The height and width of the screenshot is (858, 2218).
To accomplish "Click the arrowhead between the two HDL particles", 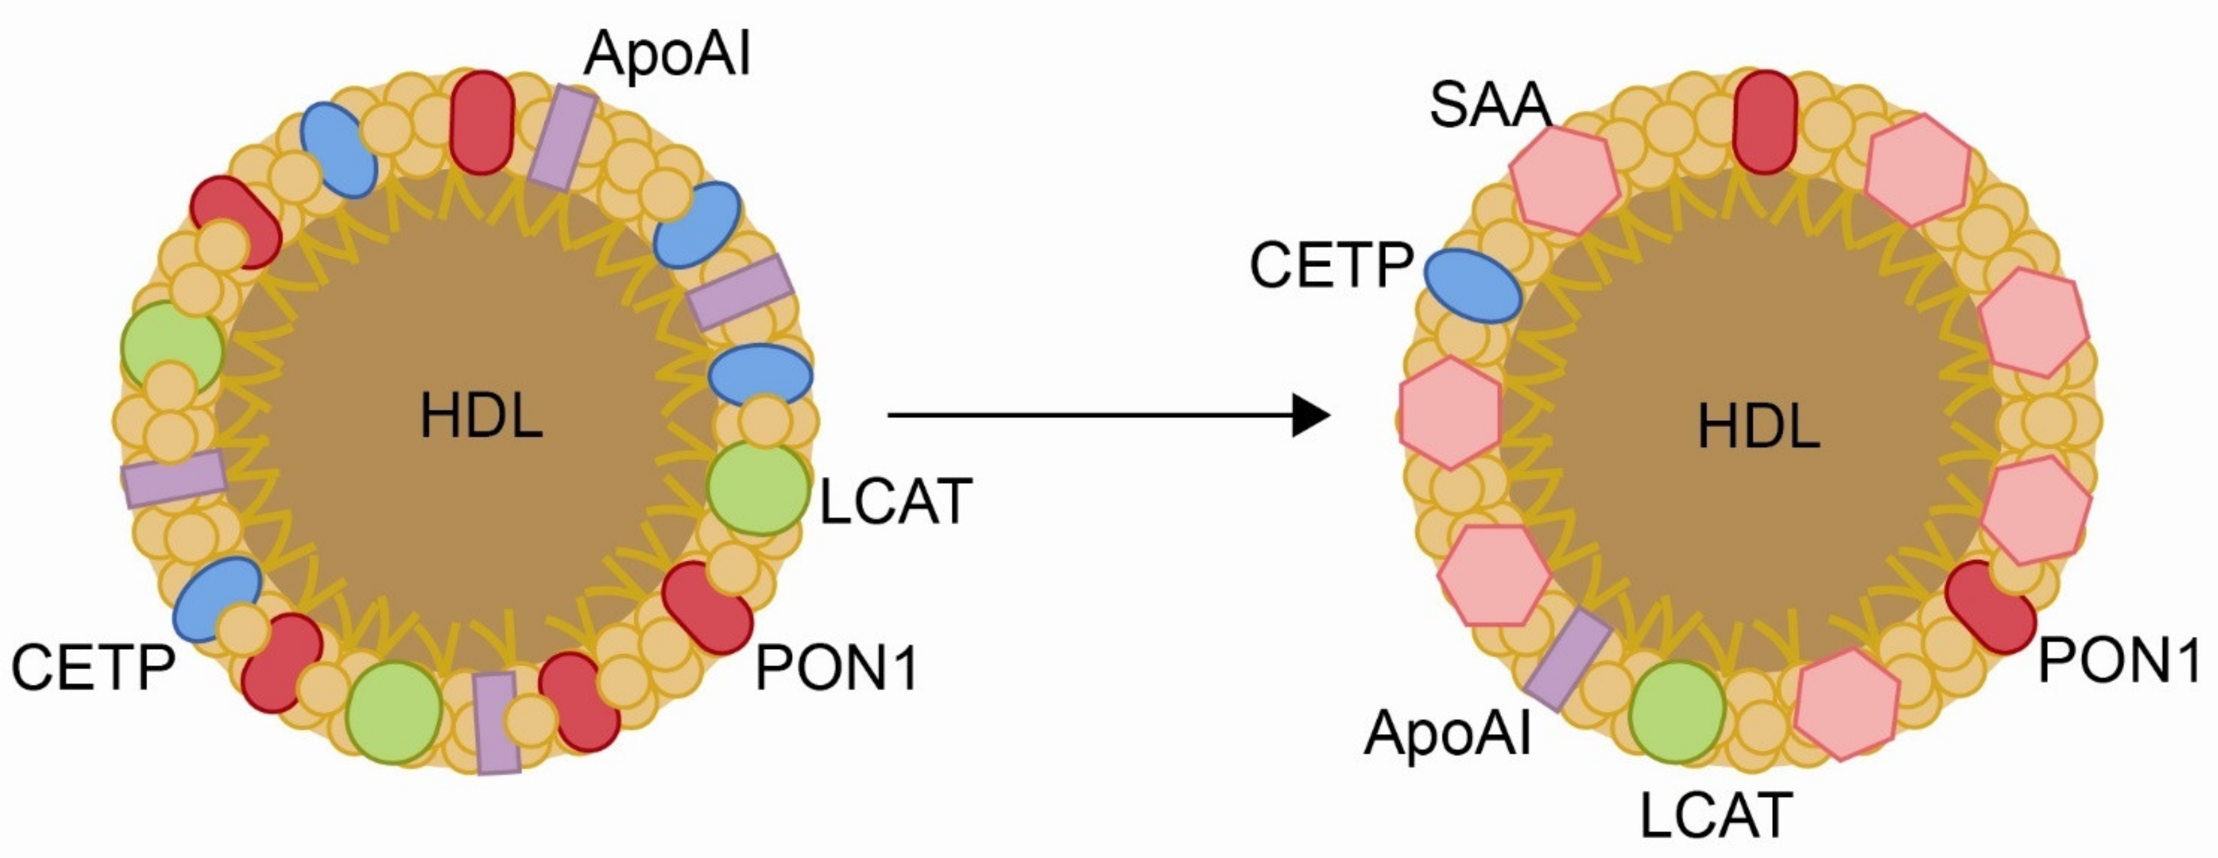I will (1311, 416).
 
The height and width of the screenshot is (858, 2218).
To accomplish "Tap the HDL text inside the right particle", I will (1758, 426).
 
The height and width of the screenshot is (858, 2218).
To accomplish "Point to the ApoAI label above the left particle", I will (667, 53).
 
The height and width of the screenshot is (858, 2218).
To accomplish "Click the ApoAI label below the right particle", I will (1448, 733).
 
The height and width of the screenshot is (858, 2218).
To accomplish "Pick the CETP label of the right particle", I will (1331, 265).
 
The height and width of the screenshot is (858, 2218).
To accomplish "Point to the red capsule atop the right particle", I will (1764, 122).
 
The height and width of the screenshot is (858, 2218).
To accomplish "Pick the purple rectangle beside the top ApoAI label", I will (562, 137).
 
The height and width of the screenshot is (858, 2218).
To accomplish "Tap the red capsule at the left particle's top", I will (482, 122).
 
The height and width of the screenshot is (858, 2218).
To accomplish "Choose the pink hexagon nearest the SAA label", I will (1564, 181).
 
